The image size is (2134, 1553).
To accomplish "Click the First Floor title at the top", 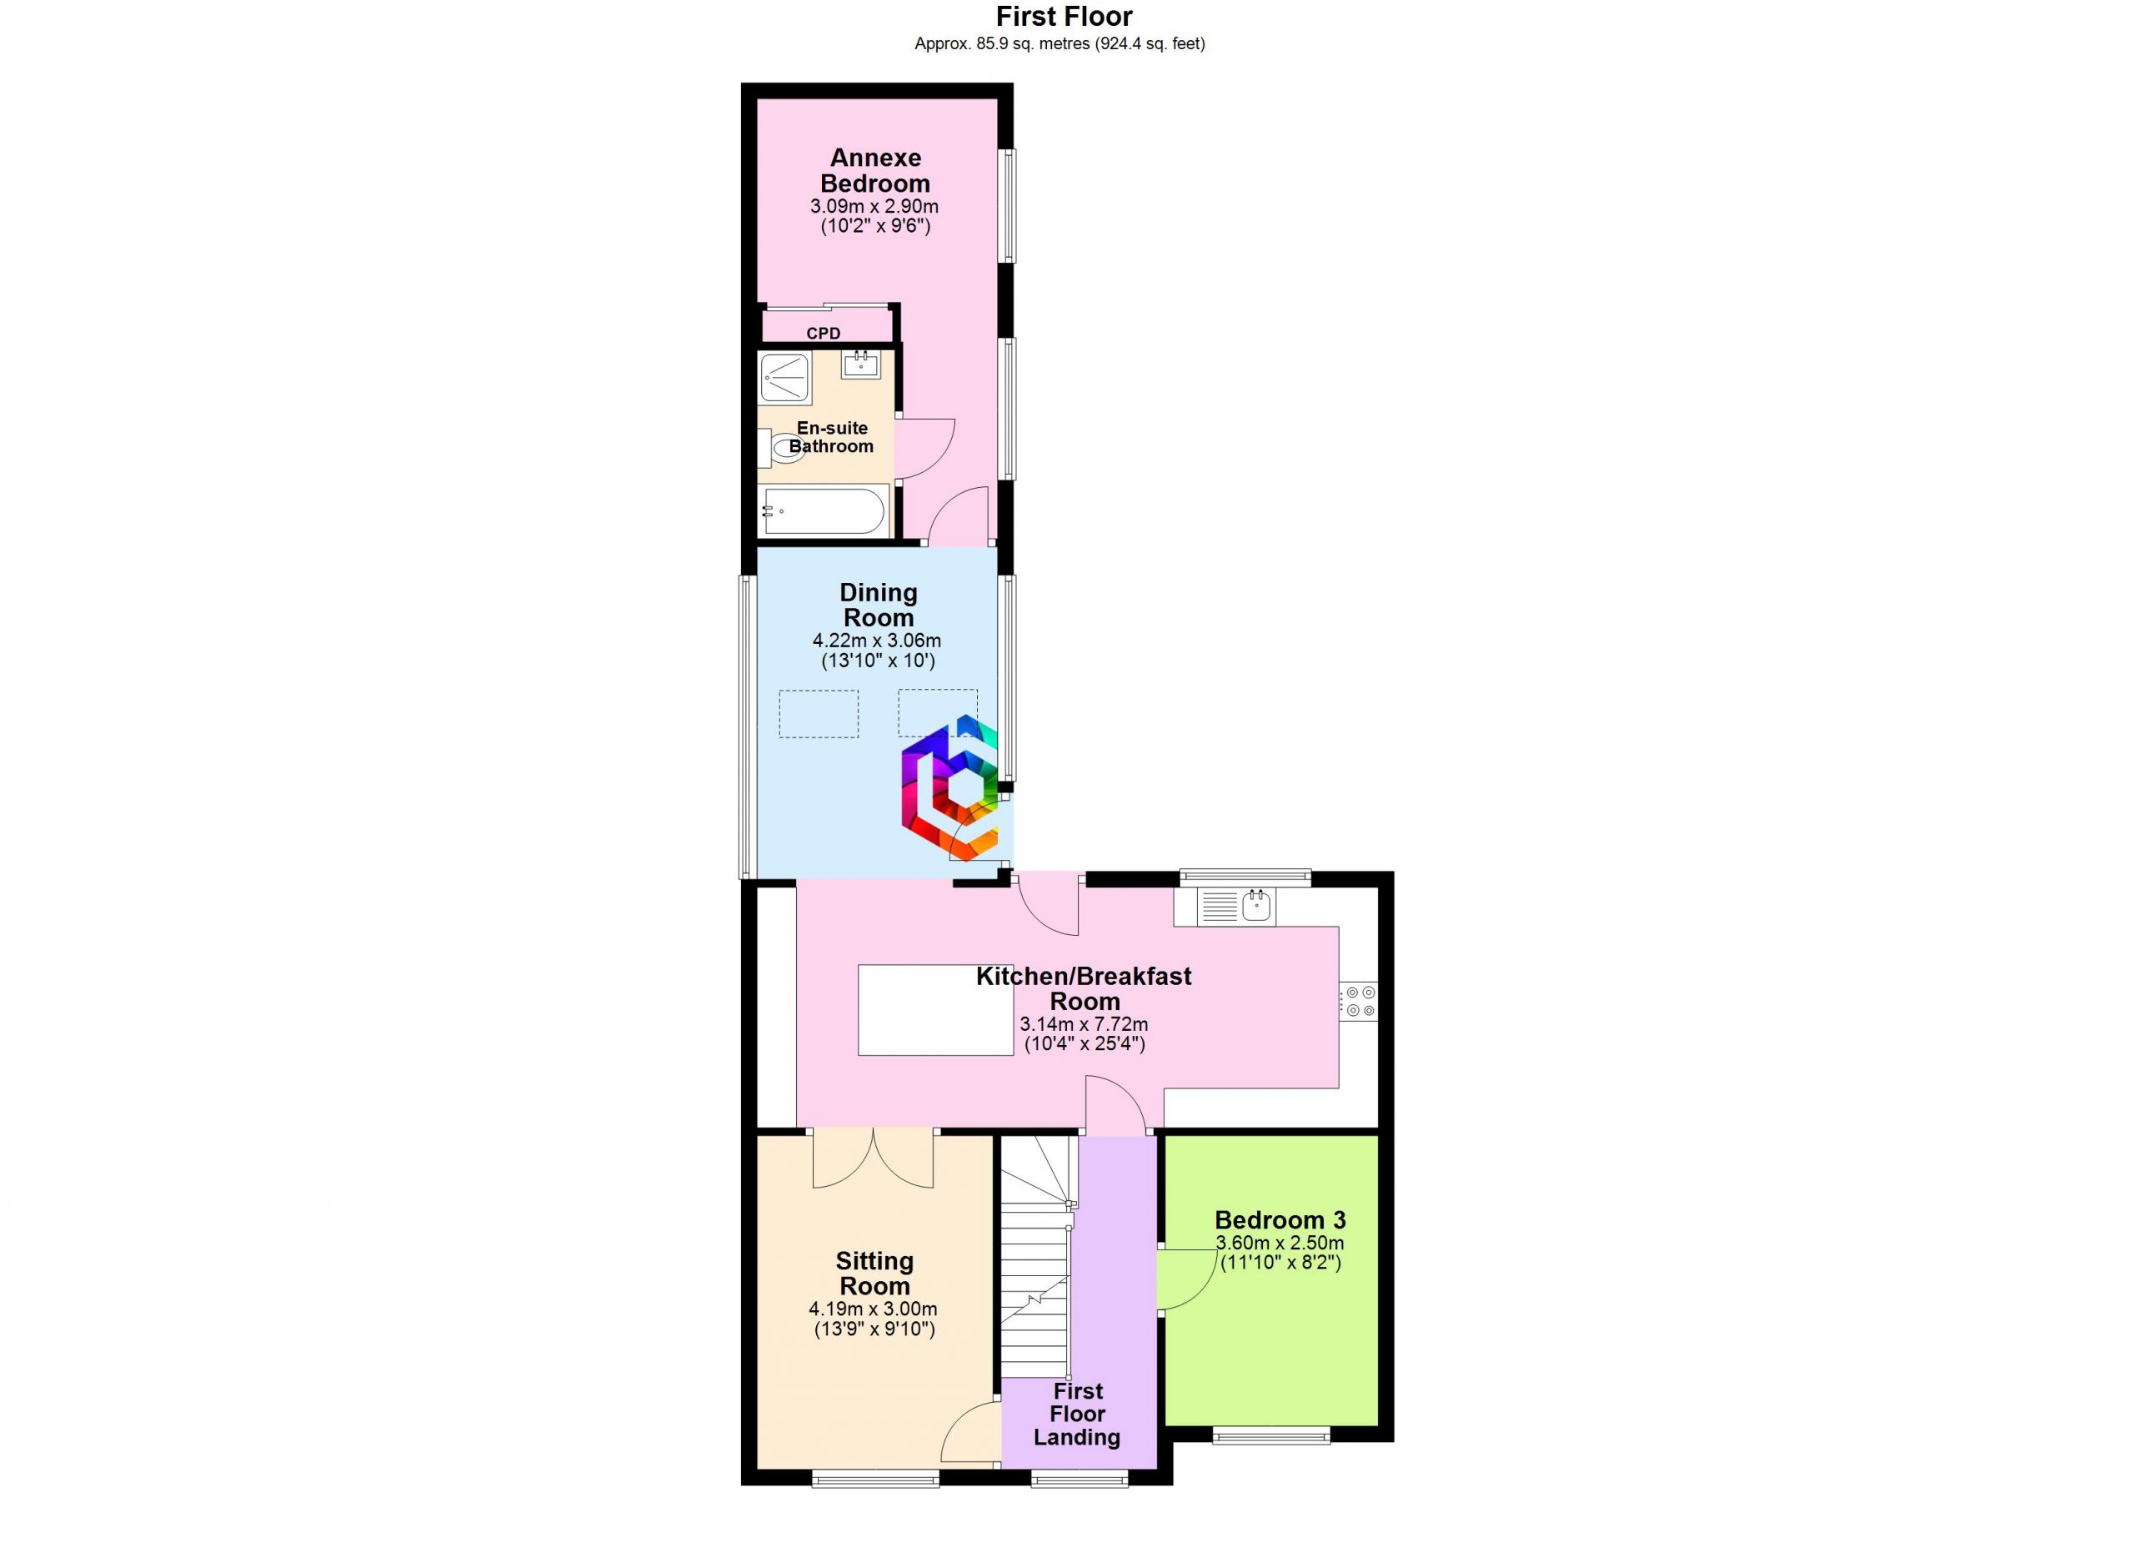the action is [x=1064, y=16].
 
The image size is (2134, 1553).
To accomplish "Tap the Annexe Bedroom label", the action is [x=875, y=170].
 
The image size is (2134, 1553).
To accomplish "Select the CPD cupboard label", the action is [x=824, y=333].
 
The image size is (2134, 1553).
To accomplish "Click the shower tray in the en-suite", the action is [x=784, y=379].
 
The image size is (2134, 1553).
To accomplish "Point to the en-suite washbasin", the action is [x=861, y=364].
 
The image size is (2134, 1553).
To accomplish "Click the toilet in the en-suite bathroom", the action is [x=781, y=448].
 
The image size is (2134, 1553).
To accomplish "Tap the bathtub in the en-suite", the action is [x=824, y=511].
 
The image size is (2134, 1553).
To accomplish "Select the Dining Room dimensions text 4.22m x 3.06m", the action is [x=877, y=640].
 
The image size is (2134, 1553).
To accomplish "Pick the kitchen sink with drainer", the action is [x=1235, y=907].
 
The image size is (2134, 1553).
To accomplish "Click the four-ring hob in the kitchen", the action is [x=1359, y=1002].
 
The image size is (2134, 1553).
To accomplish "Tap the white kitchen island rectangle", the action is [x=935, y=1010].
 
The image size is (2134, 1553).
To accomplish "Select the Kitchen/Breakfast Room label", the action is [x=1084, y=988].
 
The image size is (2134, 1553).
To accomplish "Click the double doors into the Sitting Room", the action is [x=873, y=1158].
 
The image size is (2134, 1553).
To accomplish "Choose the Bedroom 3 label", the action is [x=1280, y=1221].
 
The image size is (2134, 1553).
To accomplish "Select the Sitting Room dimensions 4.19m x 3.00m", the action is [x=873, y=1309].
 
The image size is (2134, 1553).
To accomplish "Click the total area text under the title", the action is [x=1059, y=43].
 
